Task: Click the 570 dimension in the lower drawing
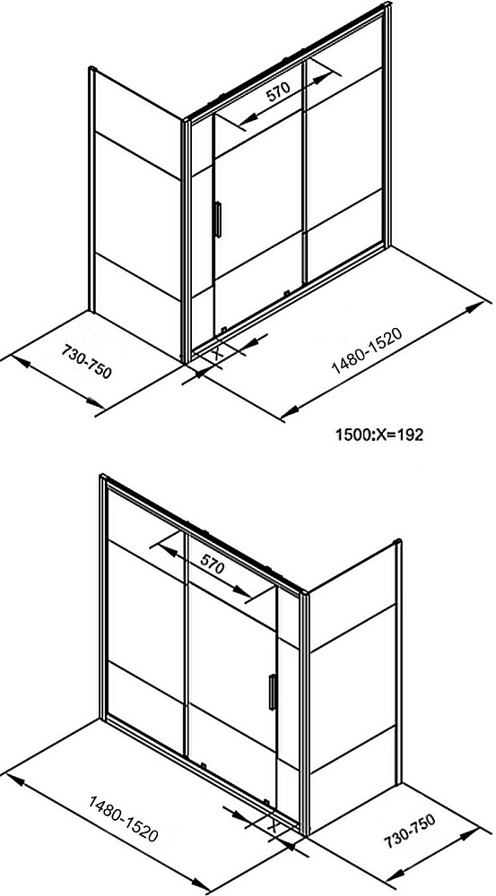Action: pos(212,566)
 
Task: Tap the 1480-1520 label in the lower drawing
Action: pos(122,818)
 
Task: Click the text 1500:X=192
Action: pos(379,435)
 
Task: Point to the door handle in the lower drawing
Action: pos(273,692)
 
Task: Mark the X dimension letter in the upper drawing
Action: pos(217,353)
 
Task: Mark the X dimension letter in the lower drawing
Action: pos(274,826)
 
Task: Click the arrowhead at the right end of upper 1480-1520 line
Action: pos(474,308)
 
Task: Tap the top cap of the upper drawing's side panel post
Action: pos(92,69)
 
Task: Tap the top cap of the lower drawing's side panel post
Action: pos(398,541)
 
